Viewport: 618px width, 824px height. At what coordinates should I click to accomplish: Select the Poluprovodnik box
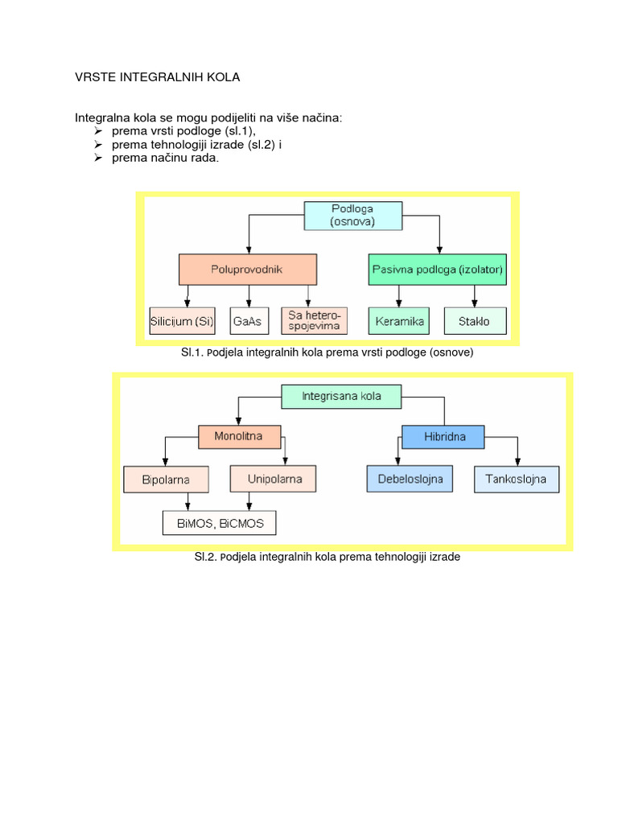click(248, 270)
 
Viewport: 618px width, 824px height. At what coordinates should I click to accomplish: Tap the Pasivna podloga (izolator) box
click(438, 270)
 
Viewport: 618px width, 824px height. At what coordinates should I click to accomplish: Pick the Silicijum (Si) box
click(182, 320)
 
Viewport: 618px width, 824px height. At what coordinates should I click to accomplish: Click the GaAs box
click(243, 320)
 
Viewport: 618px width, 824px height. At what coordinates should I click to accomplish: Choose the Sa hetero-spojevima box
click(315, 320)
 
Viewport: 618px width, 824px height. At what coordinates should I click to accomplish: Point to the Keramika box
click(398, 320)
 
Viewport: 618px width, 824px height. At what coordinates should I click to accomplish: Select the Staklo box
click(476, 320)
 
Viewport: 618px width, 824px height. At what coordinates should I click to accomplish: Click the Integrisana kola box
click(340, 396)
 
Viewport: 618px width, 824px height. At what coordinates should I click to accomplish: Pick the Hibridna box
click(444, 437)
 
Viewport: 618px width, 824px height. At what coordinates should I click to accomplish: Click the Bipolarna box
click(166, 480)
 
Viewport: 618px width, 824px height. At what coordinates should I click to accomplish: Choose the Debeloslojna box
click(410, 480)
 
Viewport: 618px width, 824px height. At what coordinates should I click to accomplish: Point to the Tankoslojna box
click(516, 480)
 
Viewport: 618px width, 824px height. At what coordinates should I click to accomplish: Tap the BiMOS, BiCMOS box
click(220, 524)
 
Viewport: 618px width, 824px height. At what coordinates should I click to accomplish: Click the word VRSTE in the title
click(97, 77)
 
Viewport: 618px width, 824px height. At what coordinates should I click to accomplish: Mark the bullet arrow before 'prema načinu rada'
click(97, 159)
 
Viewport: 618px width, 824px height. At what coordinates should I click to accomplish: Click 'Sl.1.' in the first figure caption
click(196, 352)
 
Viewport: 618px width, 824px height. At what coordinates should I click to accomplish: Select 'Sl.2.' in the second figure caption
click(207, 556)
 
